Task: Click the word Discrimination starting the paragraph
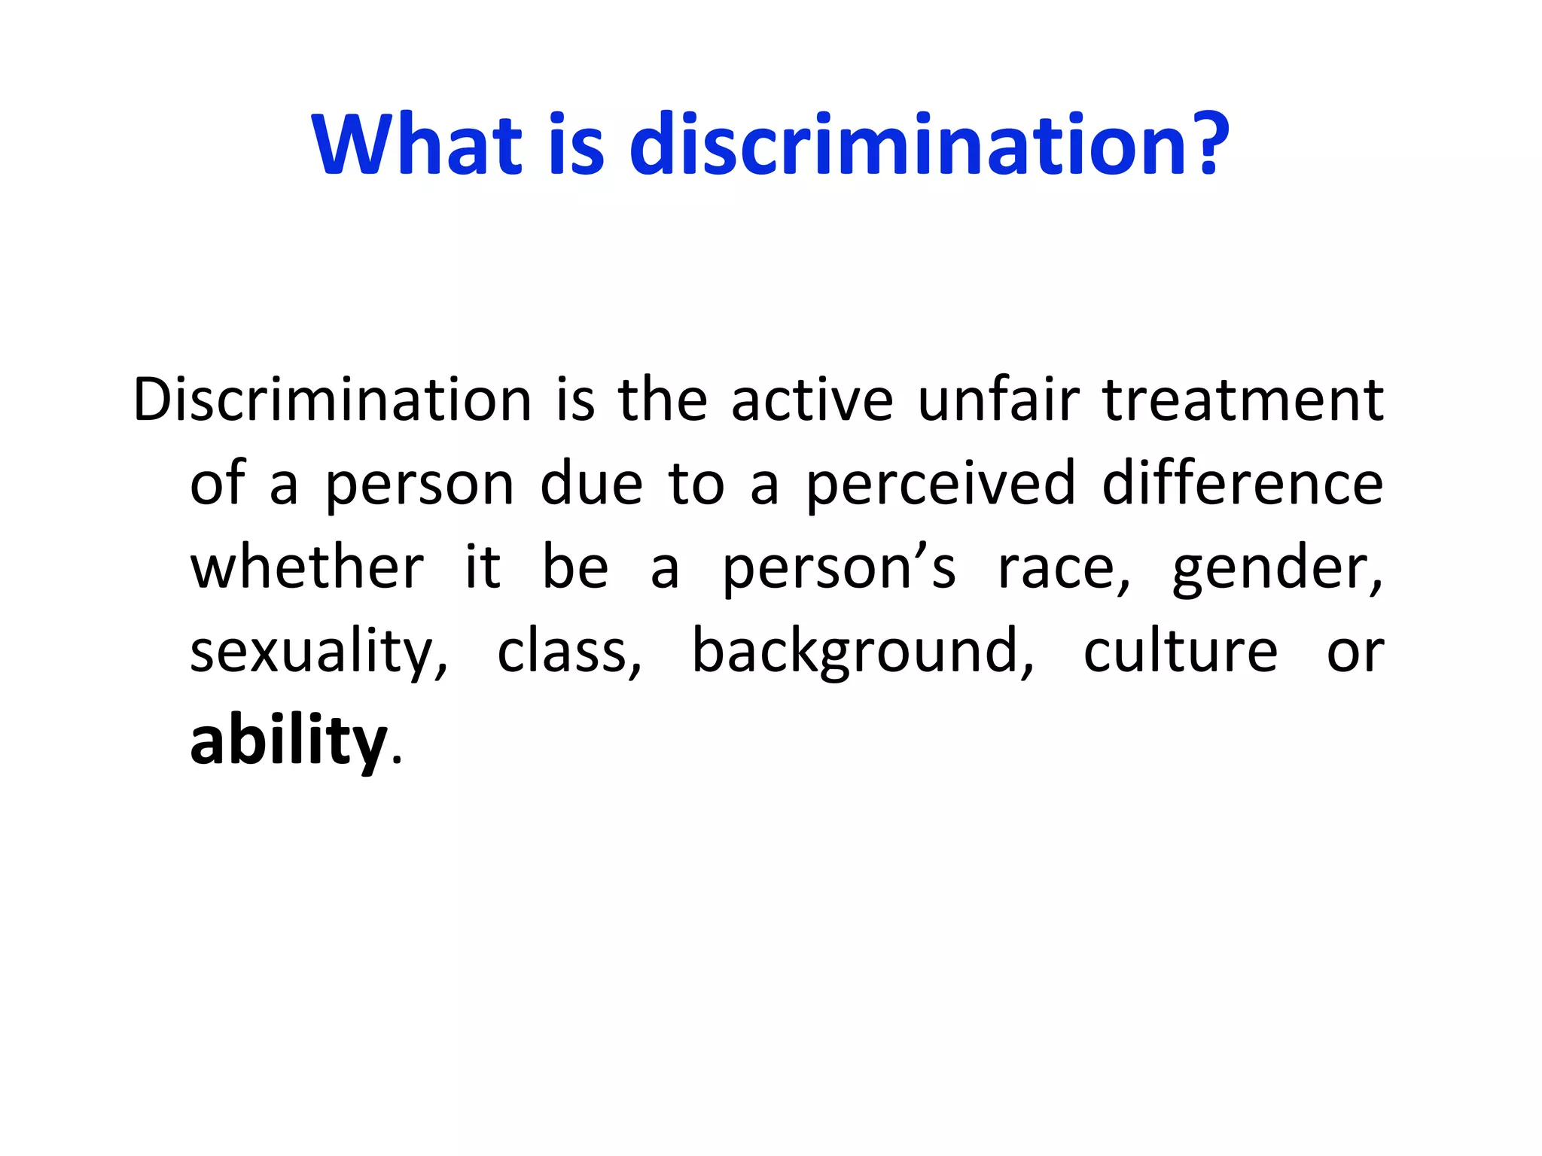(x=332, y=400)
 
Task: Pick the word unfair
(x=998, y=400)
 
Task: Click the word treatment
(x=1242, y=400)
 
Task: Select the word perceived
(x=940, y=485)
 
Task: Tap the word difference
(x=1242, y=483)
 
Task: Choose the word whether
(x=307, y=567)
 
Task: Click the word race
(x=1063, y=569)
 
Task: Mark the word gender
(x=1277, y=569)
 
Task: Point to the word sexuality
(x=318, y=652)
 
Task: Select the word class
(x=568, y=652)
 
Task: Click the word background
(x=862, y=652)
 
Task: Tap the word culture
(x=1180, y=652)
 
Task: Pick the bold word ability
(x=288, y=741)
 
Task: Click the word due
(x=592, y=485)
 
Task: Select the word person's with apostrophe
(x=838, y=569)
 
